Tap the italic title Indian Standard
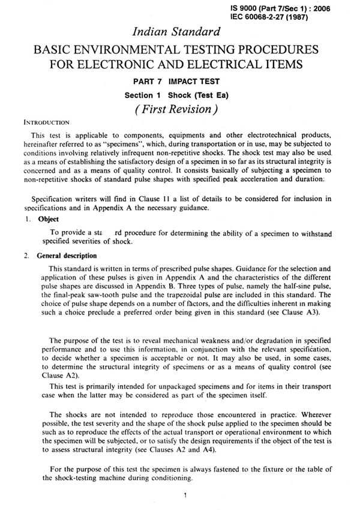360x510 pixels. tap(179, 31)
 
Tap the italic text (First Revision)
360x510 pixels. tap(180, 110)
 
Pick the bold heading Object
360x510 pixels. tap(48, 219)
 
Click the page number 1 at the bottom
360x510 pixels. tap(185, 496)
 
